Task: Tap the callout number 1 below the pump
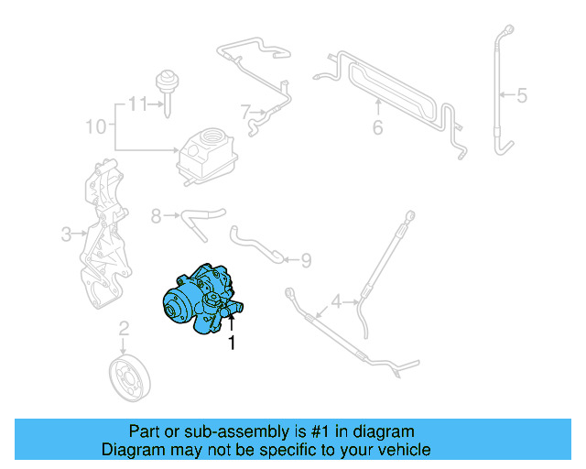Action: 232,344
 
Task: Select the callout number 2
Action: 125,327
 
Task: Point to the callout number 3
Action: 66,234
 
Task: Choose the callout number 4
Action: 336,300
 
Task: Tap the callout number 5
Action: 522,93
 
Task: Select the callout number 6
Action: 376,127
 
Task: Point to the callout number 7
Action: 245,113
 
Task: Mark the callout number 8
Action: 156,216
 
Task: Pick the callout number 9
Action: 305,260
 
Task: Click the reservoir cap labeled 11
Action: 167,84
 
